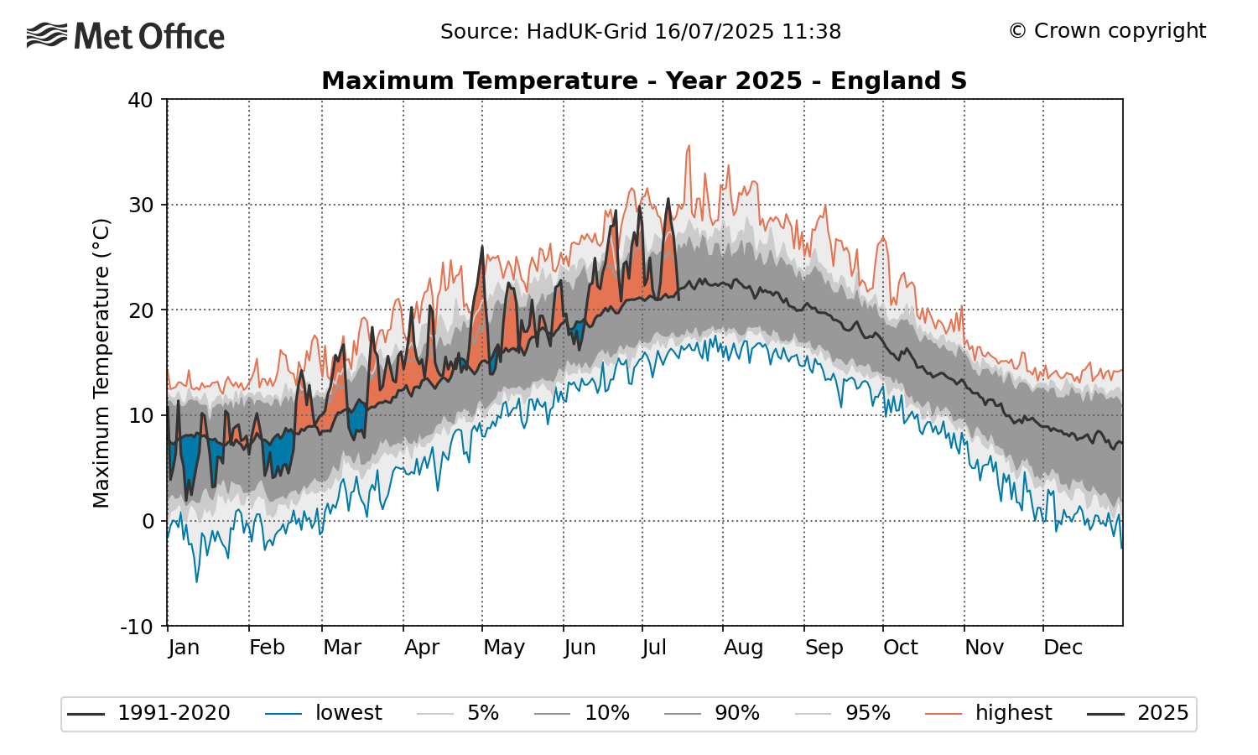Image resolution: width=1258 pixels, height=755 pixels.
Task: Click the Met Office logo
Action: pos(126,36)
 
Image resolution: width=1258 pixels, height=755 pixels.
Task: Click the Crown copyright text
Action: pos(1107,31)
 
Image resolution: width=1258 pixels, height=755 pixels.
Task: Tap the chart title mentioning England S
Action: pos(644,81)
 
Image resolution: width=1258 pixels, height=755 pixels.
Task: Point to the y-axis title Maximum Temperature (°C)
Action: pos(101,363)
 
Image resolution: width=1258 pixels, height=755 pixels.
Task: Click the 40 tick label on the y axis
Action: pos(140,100)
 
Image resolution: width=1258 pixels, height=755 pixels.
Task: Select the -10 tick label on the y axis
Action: pos(136,627)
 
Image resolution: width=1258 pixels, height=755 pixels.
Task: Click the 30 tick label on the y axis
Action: pos(140,206)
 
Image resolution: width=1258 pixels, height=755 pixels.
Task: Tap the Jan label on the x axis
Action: pos(183,648)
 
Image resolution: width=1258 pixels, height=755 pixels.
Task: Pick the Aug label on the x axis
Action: pos(743,648)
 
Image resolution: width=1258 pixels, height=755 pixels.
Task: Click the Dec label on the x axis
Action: pos(1063,648)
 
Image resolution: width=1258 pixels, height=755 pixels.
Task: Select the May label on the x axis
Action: pos(504,648)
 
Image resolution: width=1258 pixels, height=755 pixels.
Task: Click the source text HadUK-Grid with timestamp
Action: pos(641,32)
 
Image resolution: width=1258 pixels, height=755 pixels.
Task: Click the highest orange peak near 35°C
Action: pos(689,146)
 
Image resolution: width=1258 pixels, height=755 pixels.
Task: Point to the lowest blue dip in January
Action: pos(197,581)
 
